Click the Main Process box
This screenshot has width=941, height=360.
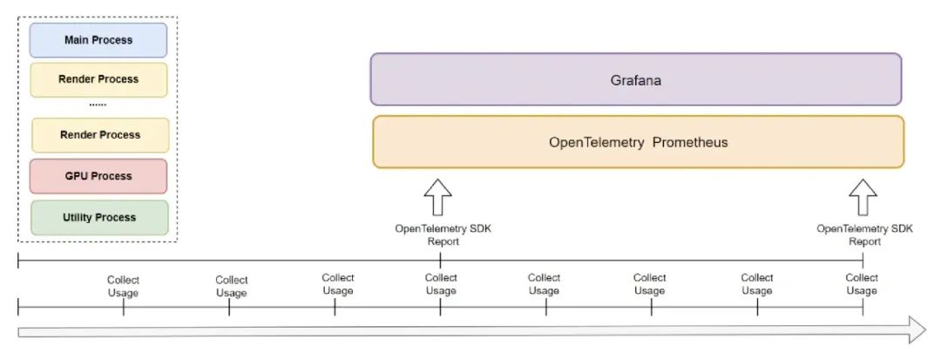pyautogui.click(x=98, y=40)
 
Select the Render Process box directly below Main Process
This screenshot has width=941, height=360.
pyautogui.click(x=98, y=79)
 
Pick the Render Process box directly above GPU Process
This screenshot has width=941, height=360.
pyautogui.click(x=100, y=135)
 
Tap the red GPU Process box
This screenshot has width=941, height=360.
pyautogui.click(x=98, y=176)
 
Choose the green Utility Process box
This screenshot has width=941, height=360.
pyautogui.click(x=98, y=216)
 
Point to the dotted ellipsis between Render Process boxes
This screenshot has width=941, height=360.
pyautogui.click(x=98, y=105)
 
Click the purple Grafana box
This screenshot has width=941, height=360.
pyautogui.click(x=635, y=79)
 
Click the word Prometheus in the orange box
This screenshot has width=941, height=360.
pyautogui.click(x=687, y=142)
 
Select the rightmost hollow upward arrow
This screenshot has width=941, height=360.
pyautogui.click(x=863, y=197)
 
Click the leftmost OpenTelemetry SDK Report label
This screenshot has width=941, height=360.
pyautogui.click(x=443, y=234)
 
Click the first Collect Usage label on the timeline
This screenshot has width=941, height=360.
pyautogui.click(x=123, y=286)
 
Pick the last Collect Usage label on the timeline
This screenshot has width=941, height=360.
pyautogui.click(x=862, y=284)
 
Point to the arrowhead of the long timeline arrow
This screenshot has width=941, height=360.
pyautogui.click(x=915, y=331)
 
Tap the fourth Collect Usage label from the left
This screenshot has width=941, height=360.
pyautogui.click(x=441, y=284)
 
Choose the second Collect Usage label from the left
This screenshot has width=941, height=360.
pyautogui.click(x=232, y=286)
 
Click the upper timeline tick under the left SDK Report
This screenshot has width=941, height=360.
pyautogui.click(x=440, y=260)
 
